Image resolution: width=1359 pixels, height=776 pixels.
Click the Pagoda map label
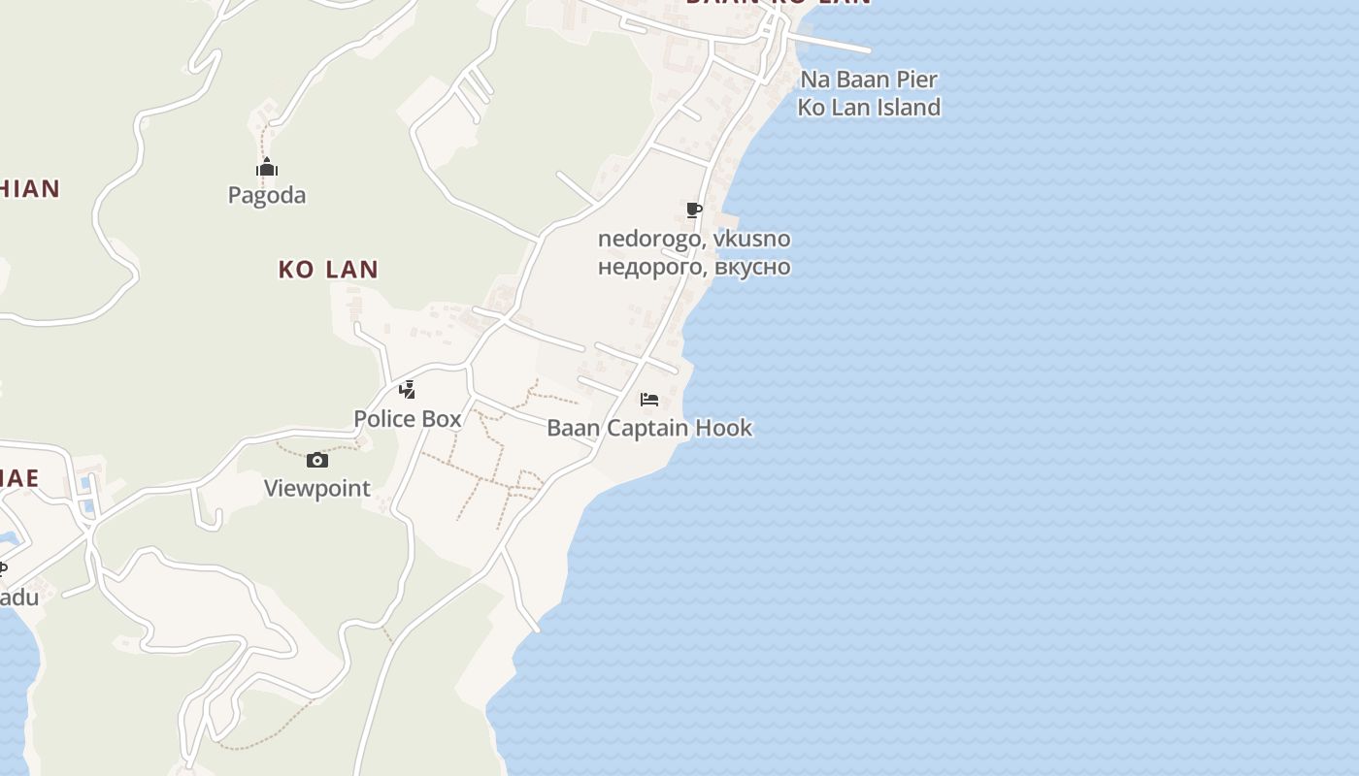(x=267, y=195)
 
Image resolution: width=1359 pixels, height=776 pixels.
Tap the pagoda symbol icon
(x=267, y=168)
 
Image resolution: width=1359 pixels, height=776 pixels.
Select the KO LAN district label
(x=328, y=270)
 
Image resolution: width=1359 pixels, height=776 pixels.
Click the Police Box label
(x=407, y=419)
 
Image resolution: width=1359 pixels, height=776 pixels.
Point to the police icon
(x=408, y=390)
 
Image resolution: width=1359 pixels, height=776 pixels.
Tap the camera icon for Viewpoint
(x=317, y=460)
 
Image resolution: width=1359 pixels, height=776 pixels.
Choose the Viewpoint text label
(x=317, y=488)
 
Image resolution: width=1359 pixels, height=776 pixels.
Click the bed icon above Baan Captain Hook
(x=649, y=400)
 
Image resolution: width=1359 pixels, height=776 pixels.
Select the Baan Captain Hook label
(x=649, y=428)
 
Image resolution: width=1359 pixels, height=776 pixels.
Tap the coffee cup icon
(x=693, y=210)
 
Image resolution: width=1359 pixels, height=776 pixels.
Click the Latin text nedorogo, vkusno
(x=694, y=239)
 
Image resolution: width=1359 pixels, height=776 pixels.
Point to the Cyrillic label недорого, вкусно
(x=694, y=267)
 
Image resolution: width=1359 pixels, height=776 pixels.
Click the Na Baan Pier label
(x=869, y=80)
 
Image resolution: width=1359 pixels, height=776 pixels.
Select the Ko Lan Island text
(x=869, y=107)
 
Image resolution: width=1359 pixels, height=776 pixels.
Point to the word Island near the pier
(x=908, y=107)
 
